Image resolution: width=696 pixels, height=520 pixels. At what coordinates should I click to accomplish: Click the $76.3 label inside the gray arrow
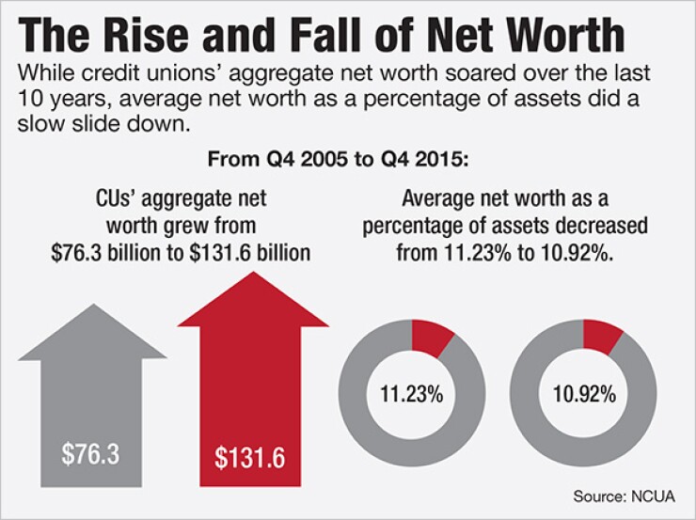[x=91, y=454]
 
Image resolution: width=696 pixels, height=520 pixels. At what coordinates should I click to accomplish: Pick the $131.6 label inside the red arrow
[x=250, y=458]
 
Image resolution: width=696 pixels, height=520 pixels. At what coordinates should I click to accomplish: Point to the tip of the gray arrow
[x=92, y=306]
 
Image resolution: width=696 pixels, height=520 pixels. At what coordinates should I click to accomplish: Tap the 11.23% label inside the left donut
[x=411, y=394]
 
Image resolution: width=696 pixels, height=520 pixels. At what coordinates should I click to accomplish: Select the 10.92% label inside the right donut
[x=584, y=394]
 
